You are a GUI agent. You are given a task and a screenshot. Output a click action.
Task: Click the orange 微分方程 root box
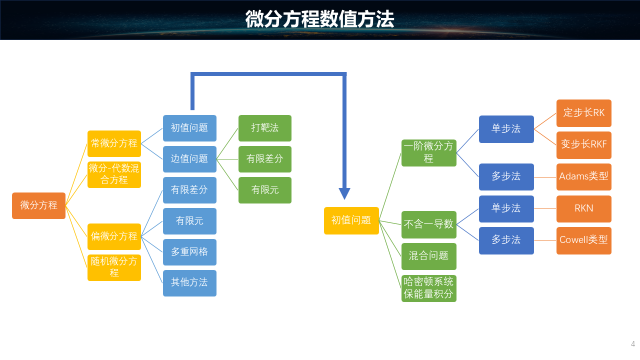click(38, 205)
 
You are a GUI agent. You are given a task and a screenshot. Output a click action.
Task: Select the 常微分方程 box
click(114, 143)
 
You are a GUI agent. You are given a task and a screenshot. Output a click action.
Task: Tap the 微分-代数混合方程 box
click(114, 174)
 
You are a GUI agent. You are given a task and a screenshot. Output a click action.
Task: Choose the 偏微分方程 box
click(114, 236)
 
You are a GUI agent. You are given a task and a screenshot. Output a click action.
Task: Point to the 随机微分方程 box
click(114, 267)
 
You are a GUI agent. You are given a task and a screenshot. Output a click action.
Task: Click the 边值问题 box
click(189, 159)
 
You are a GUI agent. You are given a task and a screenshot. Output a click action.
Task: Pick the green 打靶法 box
click(264, 128)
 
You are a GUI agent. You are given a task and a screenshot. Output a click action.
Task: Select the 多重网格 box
click(189, 252)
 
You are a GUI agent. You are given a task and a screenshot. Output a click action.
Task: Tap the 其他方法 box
click(189, 283)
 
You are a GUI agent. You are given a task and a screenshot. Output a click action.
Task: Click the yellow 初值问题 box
click(351, 220)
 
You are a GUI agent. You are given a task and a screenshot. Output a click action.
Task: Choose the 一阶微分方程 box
click(428, 152)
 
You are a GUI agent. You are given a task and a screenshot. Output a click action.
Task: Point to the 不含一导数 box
click(428, 224)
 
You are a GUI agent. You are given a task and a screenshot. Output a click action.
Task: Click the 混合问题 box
click(428, 256)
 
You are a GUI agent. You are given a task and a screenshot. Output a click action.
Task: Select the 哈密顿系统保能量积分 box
click(428, 288)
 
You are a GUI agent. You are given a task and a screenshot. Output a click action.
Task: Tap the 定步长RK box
click(583, 113)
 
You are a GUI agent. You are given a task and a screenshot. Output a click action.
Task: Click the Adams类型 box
click(583, 177)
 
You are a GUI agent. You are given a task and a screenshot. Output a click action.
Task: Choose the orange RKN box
click(583, 208)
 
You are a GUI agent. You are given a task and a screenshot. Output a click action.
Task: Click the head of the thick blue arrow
click(344, 193)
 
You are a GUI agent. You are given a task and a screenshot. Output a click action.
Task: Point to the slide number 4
click(632, 344)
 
